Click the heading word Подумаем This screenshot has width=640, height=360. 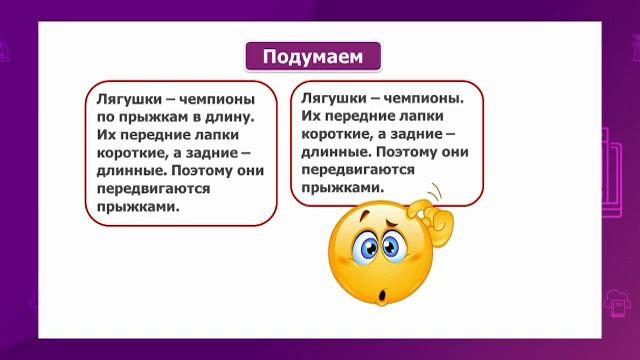coord(314,56)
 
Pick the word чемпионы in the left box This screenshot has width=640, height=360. coord(212,100)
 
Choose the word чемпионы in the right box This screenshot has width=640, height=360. coord(422,100)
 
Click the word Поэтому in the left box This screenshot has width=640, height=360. coord(208,172)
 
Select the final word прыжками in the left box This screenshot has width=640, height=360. coord(138,208)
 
